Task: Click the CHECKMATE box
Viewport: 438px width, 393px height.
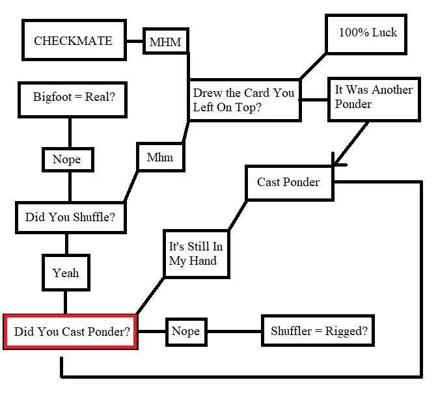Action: pyautogui.click(x=73, y=40)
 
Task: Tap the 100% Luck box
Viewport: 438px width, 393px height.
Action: pyautogui.click(x=366, y=33)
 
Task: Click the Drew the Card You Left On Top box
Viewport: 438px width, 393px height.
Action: pyautogui.click(x=244, y=100)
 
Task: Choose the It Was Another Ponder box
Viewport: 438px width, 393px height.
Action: pyautogui.click(x=373, y=100)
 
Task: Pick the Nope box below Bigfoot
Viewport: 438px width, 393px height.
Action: pyautogui.click(x=66, y=159)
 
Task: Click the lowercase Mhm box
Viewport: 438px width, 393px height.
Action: pyautogui.click(x=159, y=157)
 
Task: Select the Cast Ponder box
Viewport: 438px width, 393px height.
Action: pyautogui.click(x=288, y=182)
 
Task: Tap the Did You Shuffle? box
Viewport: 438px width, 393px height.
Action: pyautogui.click(x=70, y=217)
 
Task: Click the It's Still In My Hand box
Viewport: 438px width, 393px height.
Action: pyautogui.click(x=195, y=254)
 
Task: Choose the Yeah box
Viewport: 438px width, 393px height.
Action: pyautogui.click(x=66, y=273)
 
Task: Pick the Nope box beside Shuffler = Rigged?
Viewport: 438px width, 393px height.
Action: pyautogui.click(x=185, y=332)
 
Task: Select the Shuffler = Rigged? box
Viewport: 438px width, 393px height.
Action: pyautogui.click(x=318, y=332)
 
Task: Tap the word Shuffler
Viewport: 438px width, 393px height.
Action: pyautogui.click(x=291, y=332)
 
